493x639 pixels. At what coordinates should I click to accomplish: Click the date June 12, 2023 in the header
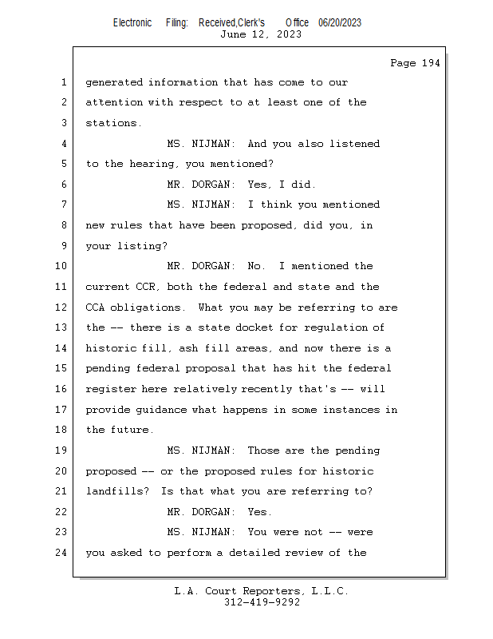(x=261, y=34)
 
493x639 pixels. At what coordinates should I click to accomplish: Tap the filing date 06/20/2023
(x=339, y=22)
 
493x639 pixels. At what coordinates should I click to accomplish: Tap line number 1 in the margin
(x=64, y=82)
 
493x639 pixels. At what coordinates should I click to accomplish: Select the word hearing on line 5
(x=148, y=164)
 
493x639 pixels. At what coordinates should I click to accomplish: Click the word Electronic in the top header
(x=132, y=22)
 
